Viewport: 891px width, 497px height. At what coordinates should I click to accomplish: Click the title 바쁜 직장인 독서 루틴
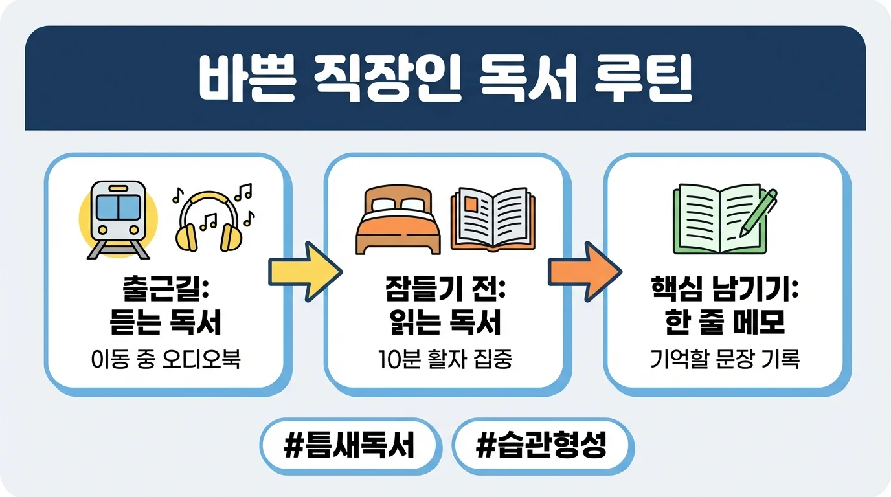[445, 80]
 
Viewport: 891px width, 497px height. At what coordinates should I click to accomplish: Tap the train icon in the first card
[118, 219]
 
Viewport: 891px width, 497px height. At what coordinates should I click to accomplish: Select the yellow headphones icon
[208, 220]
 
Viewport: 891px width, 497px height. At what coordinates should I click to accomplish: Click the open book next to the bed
[493, 219]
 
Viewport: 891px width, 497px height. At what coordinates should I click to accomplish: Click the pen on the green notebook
[760, 210]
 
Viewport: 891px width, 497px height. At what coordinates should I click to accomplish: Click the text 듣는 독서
[164, 323]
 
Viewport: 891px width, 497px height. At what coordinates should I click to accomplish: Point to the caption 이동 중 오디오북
[164, 359]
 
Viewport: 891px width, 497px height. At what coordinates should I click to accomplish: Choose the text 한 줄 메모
[725, 323]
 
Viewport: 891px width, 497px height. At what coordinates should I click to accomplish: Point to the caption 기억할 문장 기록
[725, 359]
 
